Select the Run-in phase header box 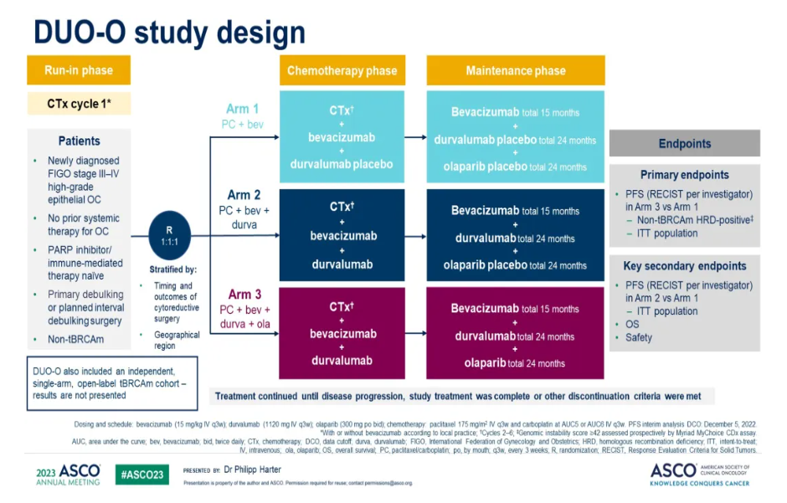[79, 70]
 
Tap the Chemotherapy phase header [342, 70]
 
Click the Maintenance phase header [515, 70]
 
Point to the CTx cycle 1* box [79, 105]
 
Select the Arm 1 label [242, 110]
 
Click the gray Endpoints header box [684, 144]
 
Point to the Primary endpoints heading [684, 175]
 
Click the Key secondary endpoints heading [684, 266]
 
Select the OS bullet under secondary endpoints [632, 325]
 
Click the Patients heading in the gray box [79, 141]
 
